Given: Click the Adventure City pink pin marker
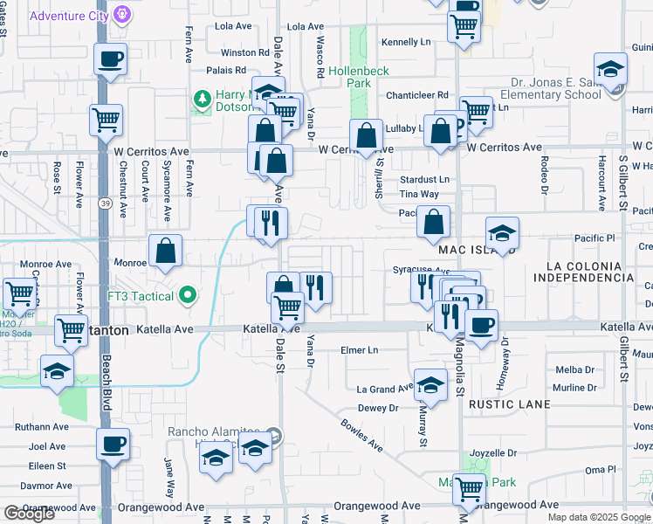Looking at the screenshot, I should point(123,15).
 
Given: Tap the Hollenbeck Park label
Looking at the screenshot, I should point(358,77).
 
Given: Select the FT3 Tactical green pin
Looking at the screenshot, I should point(185,296).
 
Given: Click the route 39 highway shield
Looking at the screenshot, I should point(104,203).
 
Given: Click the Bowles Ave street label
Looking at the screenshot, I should point(361,435).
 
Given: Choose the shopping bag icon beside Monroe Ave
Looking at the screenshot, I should point(165,252).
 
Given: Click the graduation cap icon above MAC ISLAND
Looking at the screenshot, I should point(502,234).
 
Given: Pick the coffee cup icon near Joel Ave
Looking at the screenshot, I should point(113,444).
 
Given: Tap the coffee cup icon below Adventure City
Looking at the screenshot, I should point(110,59).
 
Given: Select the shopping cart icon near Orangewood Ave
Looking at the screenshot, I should point(469,490).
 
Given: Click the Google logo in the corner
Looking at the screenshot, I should point(29,514).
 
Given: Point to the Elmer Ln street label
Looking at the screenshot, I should point(361,350).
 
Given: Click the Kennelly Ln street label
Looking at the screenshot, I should point(406,41).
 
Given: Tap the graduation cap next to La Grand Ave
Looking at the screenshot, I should point(430,384).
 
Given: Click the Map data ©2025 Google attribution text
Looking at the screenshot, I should point(599,517).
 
